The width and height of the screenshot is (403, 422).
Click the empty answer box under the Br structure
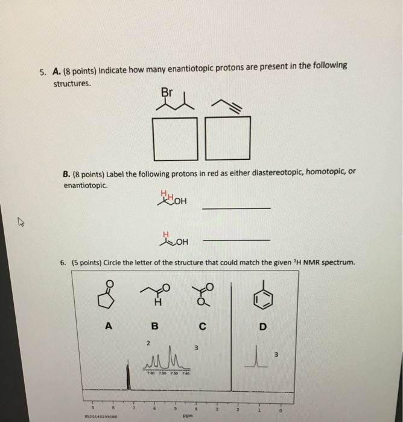(176, 137)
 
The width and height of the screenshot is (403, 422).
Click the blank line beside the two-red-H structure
(236, 208)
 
